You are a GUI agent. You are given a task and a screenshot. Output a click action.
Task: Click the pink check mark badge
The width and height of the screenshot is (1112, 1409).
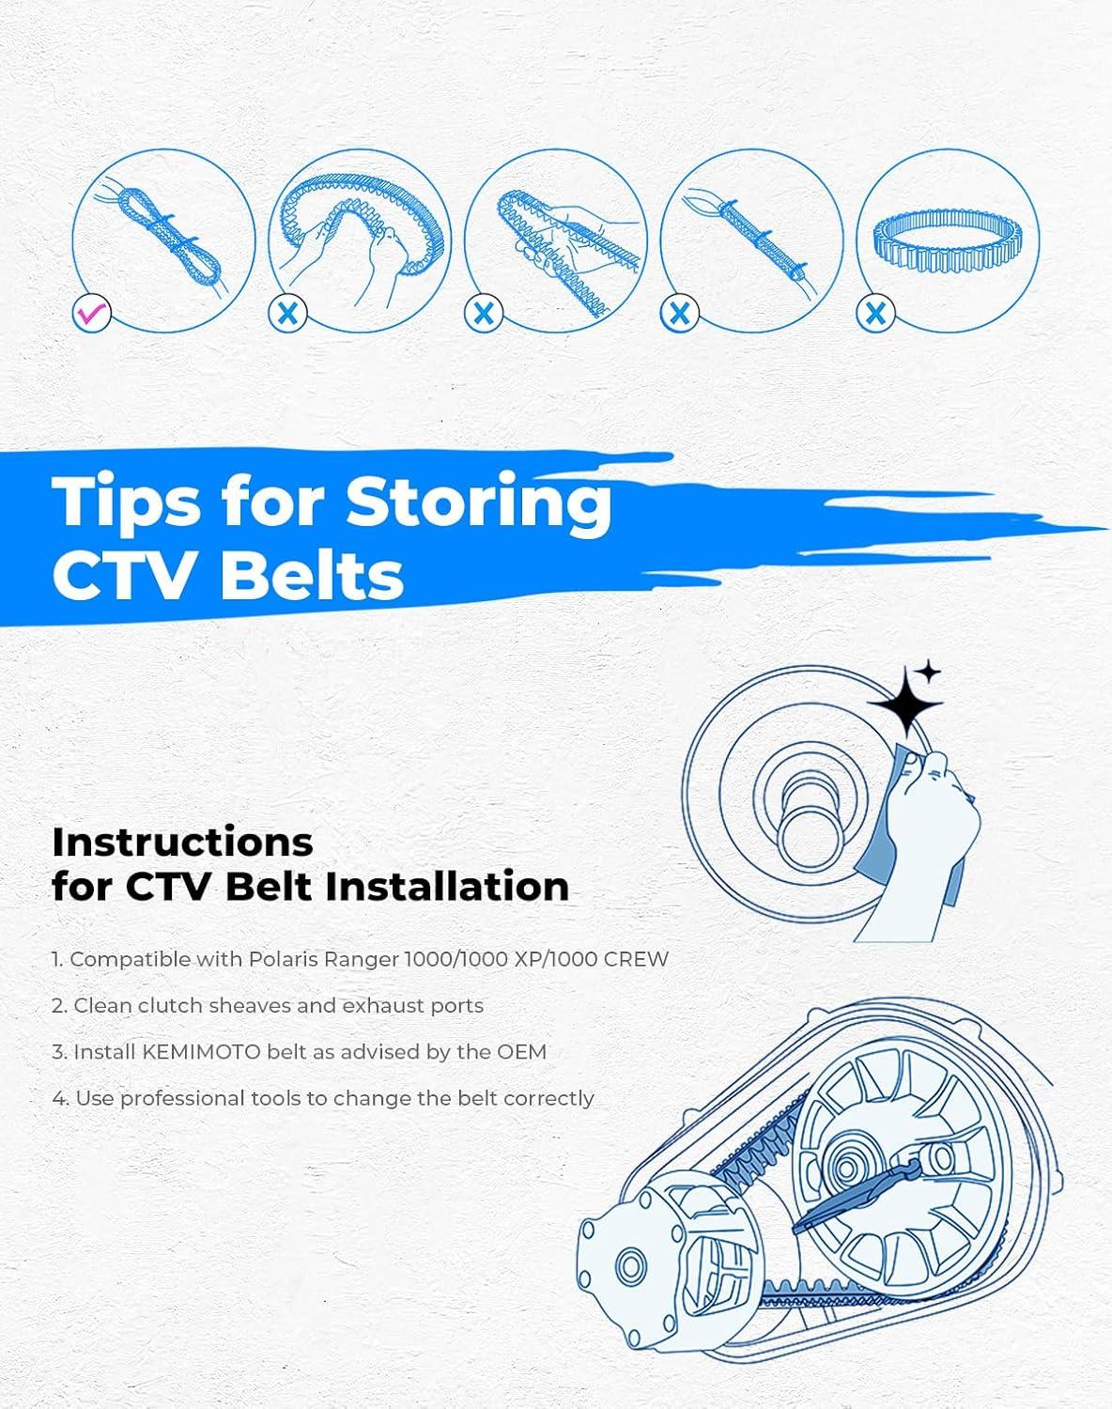[x=91, y=313]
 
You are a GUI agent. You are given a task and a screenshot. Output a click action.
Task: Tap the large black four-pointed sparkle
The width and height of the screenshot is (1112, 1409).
[x=905, y=704]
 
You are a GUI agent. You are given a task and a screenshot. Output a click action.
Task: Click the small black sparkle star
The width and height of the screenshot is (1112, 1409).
[x=928, y=672]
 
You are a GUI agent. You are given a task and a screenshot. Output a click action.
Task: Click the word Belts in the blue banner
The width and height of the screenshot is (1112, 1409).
[x=313, y=574]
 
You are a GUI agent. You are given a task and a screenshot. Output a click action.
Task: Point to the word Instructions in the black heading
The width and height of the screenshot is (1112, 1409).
[x=183, y=842]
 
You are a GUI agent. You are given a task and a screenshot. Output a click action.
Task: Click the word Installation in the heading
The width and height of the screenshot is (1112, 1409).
[x=447, y=887]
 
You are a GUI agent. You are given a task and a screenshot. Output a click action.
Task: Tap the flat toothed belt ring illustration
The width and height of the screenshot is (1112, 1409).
[x=947, y=241]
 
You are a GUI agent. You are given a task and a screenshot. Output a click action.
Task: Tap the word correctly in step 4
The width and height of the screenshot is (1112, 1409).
[x=548, y=1099]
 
